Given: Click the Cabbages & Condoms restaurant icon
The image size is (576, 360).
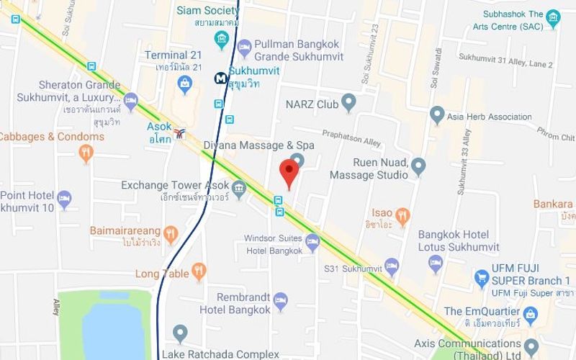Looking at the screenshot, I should tap(86, 152).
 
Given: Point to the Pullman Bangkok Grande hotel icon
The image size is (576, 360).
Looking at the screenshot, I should tap(243, 45).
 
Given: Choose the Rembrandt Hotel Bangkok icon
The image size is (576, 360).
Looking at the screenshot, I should tap(281, 300).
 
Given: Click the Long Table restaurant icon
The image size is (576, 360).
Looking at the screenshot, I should tap(199, 272).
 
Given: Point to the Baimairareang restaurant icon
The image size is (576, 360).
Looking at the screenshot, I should tap(170, 233).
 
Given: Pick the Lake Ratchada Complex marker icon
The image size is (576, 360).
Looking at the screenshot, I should tap(180, 334).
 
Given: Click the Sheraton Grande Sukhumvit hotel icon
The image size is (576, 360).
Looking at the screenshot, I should tap(130, 102).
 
